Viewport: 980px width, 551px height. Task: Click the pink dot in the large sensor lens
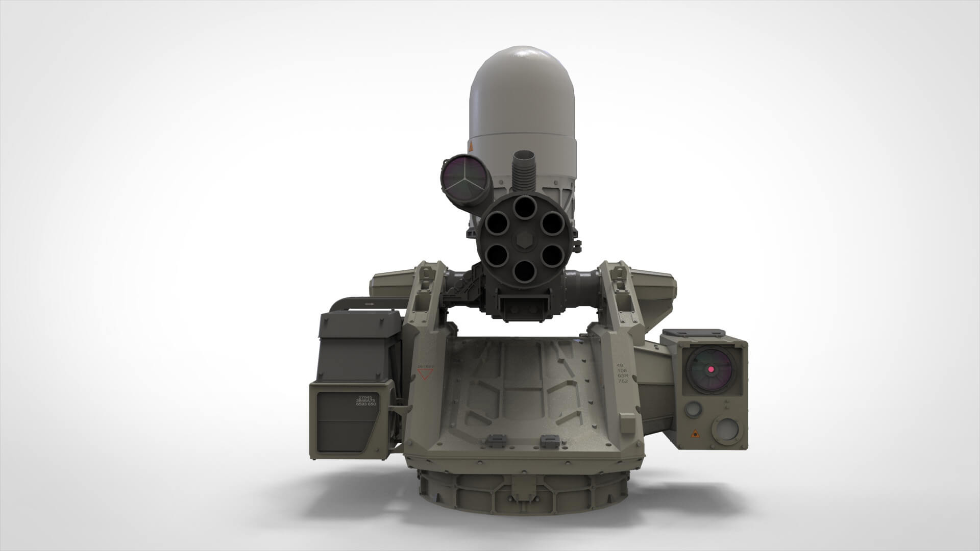(710, 368)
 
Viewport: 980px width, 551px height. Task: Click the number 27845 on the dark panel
(365, 397)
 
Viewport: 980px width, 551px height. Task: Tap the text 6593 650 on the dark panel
(366, 405)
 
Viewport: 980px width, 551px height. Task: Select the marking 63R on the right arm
(622, 376)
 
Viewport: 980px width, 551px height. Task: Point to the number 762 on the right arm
(622, 382)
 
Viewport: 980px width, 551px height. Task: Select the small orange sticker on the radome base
(471, 147)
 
